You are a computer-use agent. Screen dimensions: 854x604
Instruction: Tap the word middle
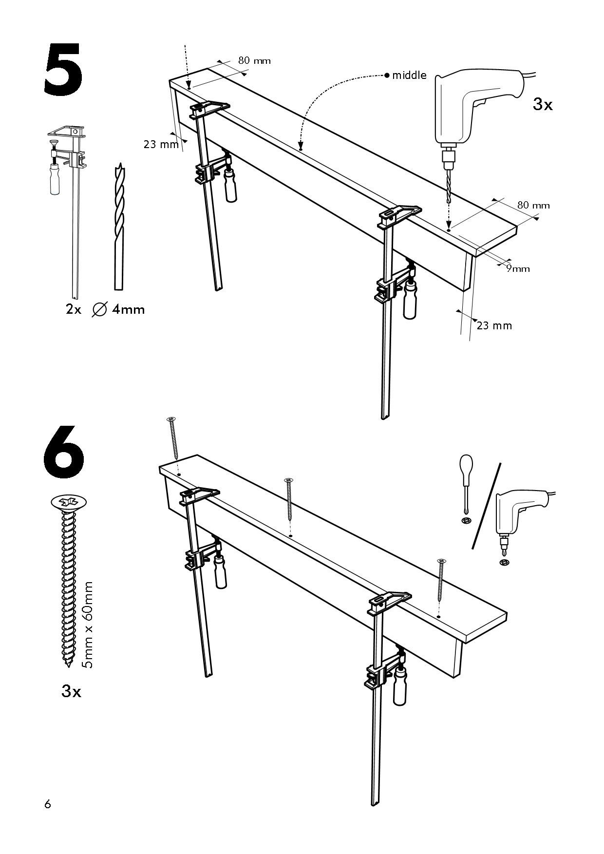point(409,75)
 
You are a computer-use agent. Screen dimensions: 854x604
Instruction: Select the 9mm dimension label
point(518,268)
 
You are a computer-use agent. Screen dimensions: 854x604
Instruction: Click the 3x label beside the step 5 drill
point(543,104)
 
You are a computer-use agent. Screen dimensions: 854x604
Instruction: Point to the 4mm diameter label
point(128,309)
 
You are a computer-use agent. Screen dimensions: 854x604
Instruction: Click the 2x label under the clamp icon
point(74,309)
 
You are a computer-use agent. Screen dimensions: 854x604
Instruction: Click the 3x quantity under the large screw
point(72,691)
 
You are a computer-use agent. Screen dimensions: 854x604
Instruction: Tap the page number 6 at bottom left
point(47,804)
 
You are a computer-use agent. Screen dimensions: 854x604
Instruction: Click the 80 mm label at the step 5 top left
point(254,61)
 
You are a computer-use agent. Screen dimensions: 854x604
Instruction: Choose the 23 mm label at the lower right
point(494,325)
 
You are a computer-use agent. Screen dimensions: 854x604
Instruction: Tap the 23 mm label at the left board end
point(161,144)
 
